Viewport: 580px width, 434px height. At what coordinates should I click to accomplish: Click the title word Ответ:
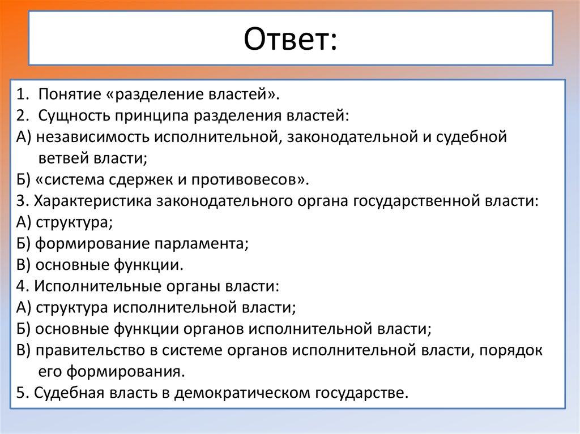pyautogui.click(x=290, y=39)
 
